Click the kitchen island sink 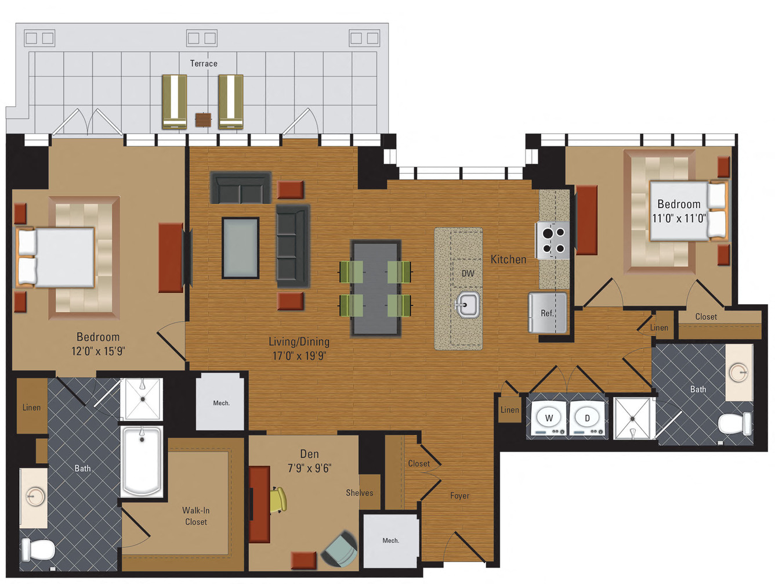(x=467, y=304)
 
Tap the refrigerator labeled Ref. (x=547, y=313)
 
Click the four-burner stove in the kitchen (x=553, y=240)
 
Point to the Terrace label (x=204, y=63)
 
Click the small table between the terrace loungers (x=203, y=120)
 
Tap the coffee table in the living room (x=241, y=248)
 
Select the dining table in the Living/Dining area (x=375, y=288)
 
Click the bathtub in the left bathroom (x=142, y=461)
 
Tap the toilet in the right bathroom (x=734, y=424)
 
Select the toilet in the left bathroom (x=38, y=549)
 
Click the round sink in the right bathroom (x=738, y=372)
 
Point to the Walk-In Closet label (x=196, y=516)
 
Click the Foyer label (x=459, y=496)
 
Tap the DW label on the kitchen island (x=468, y=273)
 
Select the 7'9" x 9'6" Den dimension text (x=309, y=468)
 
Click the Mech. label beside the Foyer (x=390, y=540)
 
